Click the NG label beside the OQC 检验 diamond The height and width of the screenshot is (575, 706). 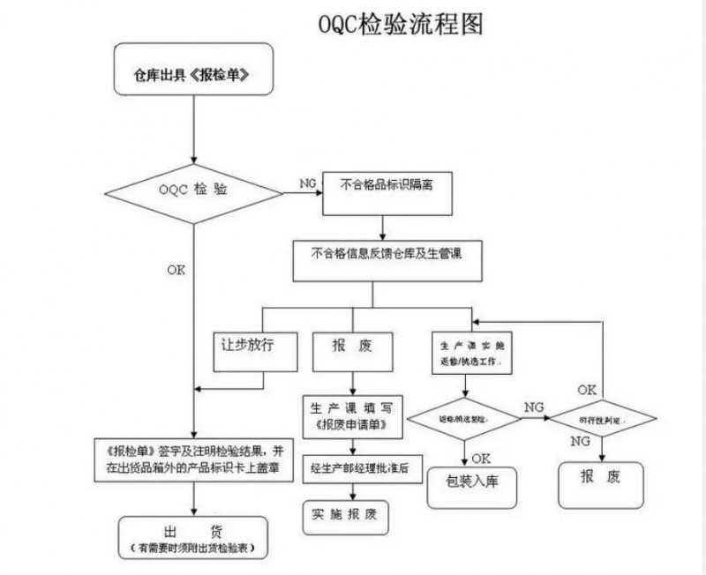pyautogui.click(x=308, y=183)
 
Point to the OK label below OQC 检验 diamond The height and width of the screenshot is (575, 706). pyautogui.click(x=176, y=270)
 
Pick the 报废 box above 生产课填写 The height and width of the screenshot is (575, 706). pyautogui.click(x=352, y=349)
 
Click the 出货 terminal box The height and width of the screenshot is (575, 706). pyautogui.click(x=193, y=537)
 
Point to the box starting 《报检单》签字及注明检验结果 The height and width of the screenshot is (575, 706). pyautogui.click(x=193, y=459)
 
